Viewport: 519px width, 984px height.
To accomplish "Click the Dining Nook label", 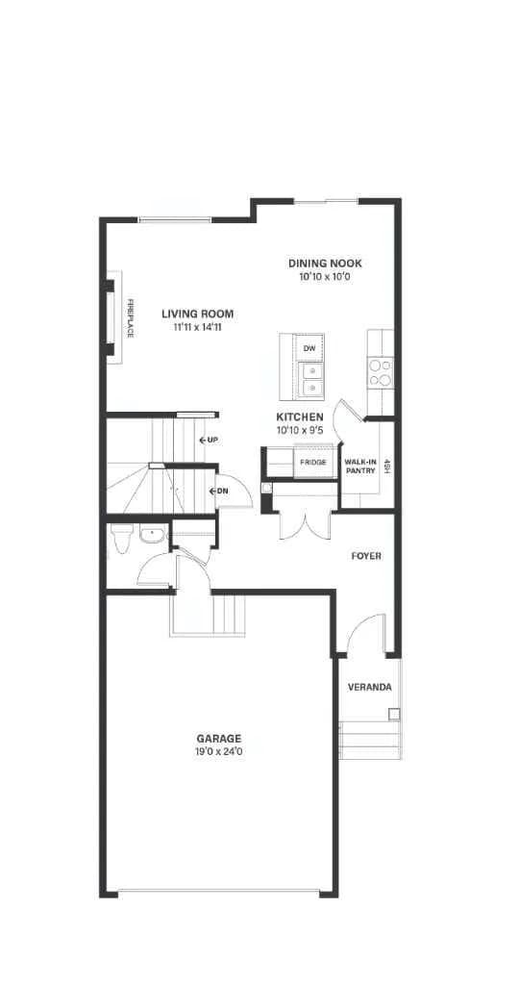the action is click(x=325, y=264).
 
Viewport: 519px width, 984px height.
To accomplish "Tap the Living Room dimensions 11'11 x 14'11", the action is click(x=197, y=327).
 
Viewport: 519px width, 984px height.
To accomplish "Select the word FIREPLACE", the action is click(x=131, y=318).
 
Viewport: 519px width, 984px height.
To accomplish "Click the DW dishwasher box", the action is click(x=309, y=348).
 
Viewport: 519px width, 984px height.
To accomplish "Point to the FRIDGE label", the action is click(x=312, y=463).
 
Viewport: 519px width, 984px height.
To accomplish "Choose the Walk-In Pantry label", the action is click(x=359, y=467).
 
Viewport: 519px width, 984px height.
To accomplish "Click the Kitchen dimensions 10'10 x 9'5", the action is click(x=300, y=431).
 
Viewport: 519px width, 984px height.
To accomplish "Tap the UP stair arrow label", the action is click(x=209, y=440).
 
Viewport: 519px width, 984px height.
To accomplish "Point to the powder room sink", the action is click(x=152, y=535).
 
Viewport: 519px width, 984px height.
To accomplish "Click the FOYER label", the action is click(x=366, y=556).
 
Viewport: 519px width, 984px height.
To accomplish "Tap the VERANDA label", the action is click(x=370, y=687).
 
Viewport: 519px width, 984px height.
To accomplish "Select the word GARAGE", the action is click(x=219, y=740).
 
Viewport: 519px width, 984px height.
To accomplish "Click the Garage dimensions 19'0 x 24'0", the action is click(x=219, y=751).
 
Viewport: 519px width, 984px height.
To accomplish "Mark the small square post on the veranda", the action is click(x=394, y=714).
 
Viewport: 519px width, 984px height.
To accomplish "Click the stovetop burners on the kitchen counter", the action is click(x=381, y=371).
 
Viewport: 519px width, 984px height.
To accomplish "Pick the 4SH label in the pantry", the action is click(x=387, y=467).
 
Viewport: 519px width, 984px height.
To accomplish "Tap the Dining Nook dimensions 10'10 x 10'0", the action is click(x=325, y=277).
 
